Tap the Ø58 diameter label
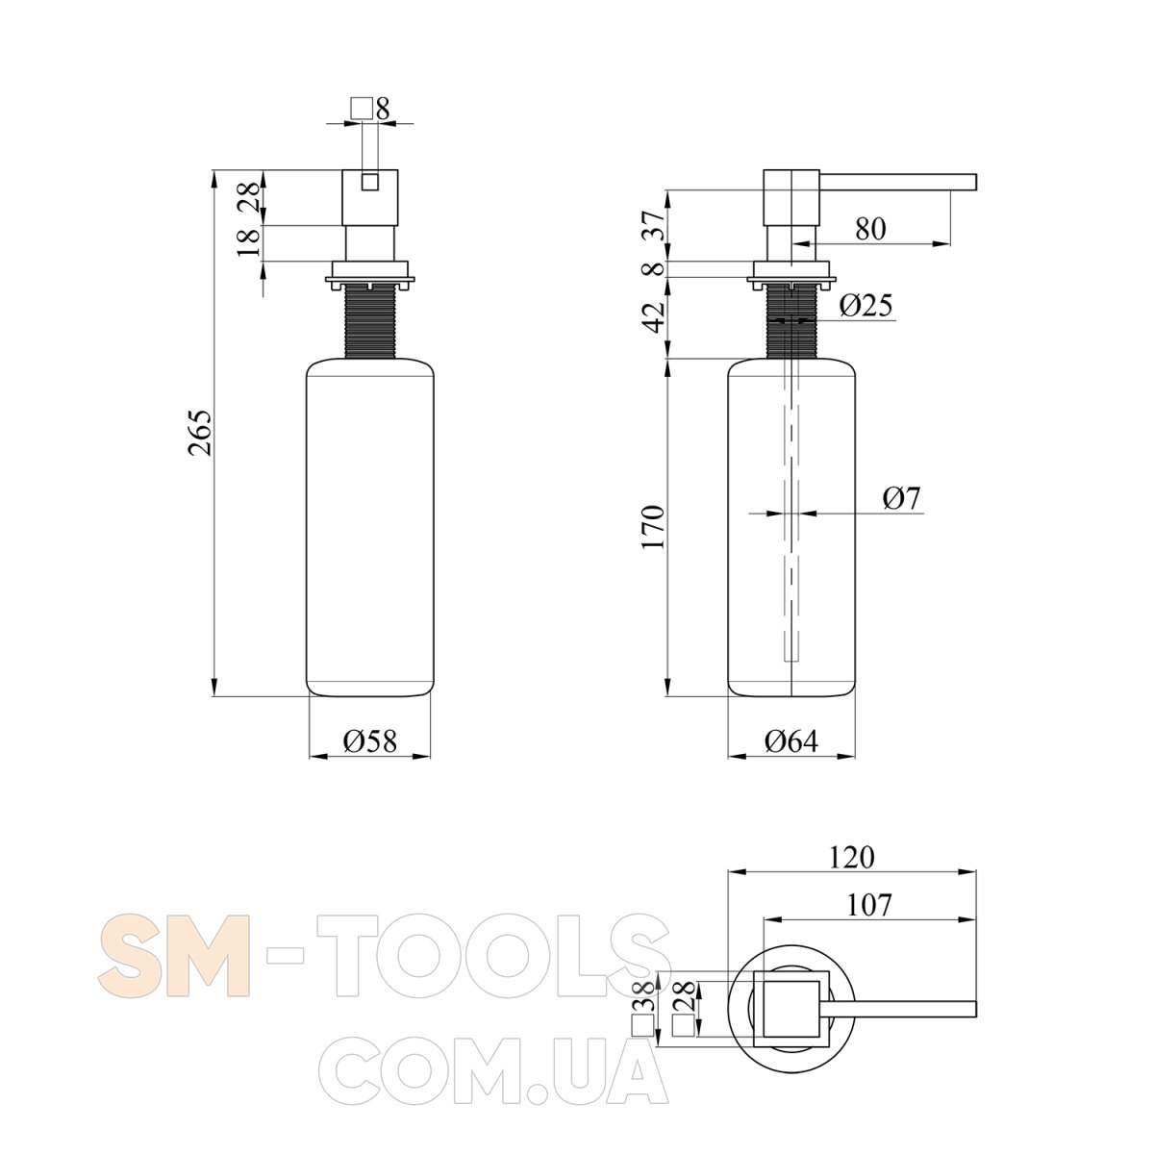[x=369, y=740]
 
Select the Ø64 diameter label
[x=791, y=740]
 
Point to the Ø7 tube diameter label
[x=902, y=498]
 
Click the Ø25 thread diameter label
[x=865, y=305]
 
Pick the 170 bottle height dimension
[x=653, y=527]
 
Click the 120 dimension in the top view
[x=851, y=857]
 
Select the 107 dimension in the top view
[x=869, y=905]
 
